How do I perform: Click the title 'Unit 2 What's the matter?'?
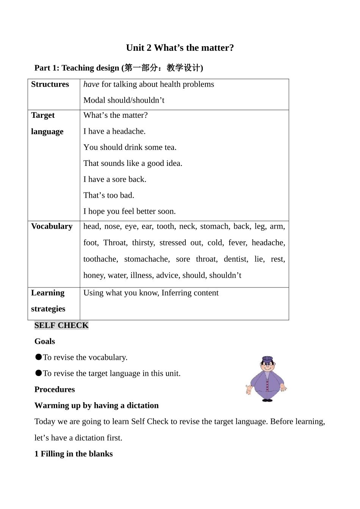click(x=180, y=48)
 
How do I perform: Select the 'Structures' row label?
click(x=50, y=84)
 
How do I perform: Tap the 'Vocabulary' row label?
click(x=52, y=226)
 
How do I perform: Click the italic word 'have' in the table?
click(x=91, y=84)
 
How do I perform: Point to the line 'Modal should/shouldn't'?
click(x=124, y=100)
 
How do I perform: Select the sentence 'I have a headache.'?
click(x=114, y=131)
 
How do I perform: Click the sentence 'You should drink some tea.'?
click(x=130, y=147)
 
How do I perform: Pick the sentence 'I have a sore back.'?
click(x=115, y=180)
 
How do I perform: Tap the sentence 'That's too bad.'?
click(x=109, y=195)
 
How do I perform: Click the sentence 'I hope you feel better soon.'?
click(x=130, y=211)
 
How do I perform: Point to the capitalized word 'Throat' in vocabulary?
click(x=115, y=243)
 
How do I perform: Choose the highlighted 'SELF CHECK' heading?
click(x=61, y=325)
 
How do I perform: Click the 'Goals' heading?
click(x=45, y=342)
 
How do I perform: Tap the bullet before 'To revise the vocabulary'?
click(x=38, y=357)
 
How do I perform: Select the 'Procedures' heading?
click(x=55, y=390)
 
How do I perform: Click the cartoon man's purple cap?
click(x=268, y=359)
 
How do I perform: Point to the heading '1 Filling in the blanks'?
click(x=74, y=454)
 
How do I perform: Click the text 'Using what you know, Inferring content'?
click(x=151, y=293)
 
